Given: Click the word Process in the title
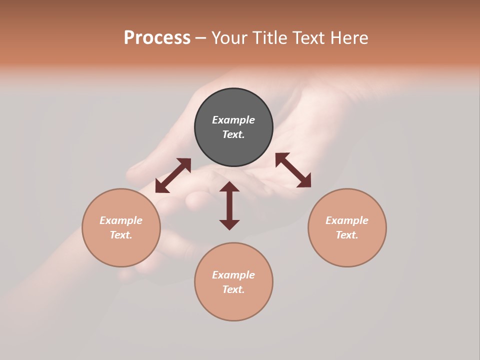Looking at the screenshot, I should point(157,38).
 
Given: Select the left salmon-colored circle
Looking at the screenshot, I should point(121,250).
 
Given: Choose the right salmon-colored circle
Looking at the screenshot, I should point(347,250).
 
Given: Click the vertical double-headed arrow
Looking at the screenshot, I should point(229,205).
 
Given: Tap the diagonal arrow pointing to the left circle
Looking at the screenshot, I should point(173,175).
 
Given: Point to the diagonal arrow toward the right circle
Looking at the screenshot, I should point(293,170).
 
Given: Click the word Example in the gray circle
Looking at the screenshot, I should point(233,120).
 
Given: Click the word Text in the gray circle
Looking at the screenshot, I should point(232,134).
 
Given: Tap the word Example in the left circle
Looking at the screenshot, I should point(121,220).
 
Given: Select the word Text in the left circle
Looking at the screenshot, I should point(120,235).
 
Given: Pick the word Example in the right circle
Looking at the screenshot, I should point(347,220).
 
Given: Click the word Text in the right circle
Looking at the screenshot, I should point(346,235).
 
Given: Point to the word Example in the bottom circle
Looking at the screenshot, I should point(233,275).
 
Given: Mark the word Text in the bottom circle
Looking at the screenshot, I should point(232,289).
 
